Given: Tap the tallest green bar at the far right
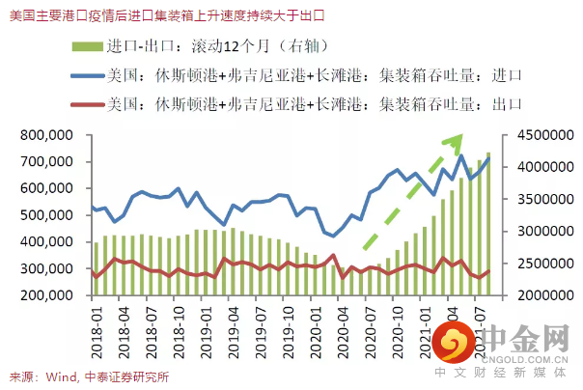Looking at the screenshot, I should click(x=487, y=227).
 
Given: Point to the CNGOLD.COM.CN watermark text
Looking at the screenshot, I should click(x=521, y=356).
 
